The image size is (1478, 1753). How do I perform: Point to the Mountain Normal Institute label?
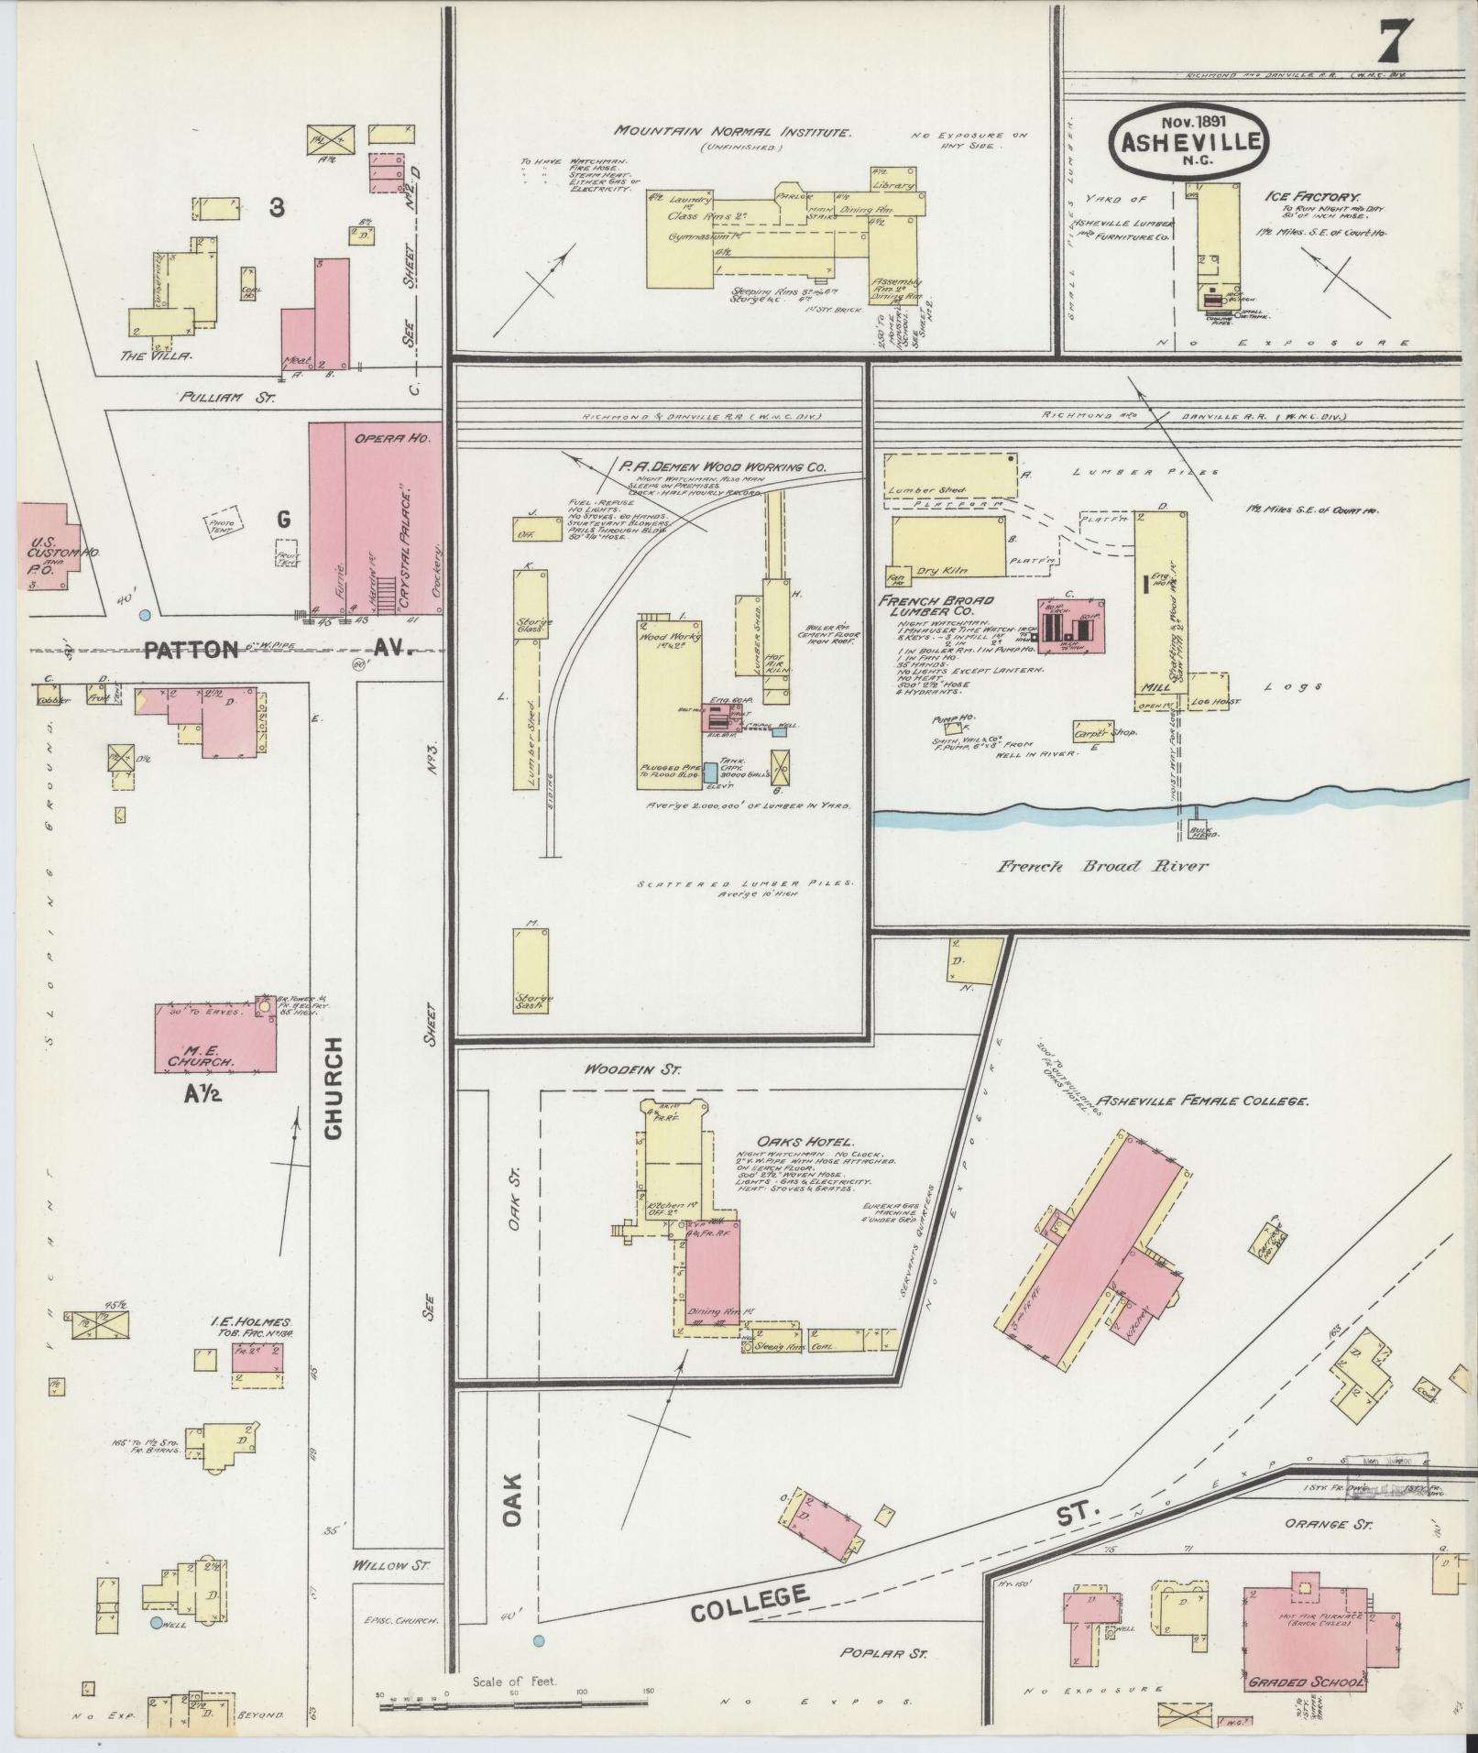click(732, 132)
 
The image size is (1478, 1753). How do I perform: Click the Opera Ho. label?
click(403, 440)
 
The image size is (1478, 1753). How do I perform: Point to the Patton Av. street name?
click(275, 650)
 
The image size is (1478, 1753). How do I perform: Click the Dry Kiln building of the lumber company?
click(947, 548)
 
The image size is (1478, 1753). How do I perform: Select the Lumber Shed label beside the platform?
click(921, 490)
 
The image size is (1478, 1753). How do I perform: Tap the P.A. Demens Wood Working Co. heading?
click(722, 466)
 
